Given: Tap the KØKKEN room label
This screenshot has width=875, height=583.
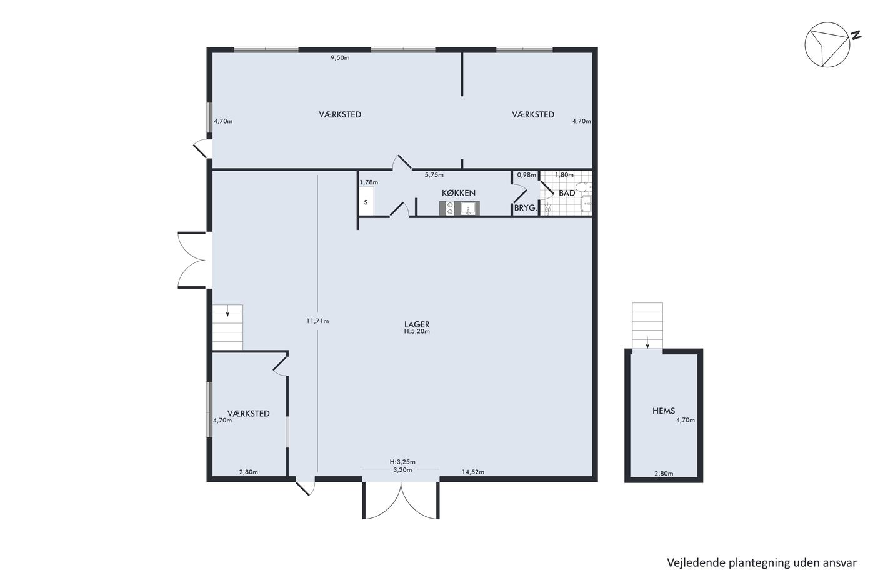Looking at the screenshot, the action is [459, 193].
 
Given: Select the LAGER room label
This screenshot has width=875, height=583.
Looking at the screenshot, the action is [417, 324].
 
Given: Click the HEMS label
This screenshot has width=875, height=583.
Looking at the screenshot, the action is [664, 411].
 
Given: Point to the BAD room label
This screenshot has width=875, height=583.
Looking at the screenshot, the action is [567, 193].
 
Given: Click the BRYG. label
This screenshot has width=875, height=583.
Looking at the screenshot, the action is [526, 208].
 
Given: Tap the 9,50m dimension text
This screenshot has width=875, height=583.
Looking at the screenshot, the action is [340, 57].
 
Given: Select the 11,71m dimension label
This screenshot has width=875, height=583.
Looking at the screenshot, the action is [317, 321].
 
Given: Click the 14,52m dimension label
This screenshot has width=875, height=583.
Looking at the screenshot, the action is [473, 472].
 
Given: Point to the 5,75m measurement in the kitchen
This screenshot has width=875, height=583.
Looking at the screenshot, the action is [434, 175].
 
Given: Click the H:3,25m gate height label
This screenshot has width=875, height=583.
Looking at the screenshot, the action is [402, 462].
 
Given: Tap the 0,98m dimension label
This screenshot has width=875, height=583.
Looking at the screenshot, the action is [526, 174].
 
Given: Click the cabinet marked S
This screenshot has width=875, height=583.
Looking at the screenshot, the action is [366, 201].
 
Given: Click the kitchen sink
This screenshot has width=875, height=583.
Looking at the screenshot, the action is [468, 208].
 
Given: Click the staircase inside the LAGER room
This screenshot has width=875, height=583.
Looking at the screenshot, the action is [227, 327].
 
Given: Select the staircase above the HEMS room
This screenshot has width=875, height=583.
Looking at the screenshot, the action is [647, 326].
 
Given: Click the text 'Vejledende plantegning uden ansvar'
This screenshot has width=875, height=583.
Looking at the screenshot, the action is [762, 563].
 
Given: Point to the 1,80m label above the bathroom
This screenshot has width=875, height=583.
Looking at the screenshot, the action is [564, 174].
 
